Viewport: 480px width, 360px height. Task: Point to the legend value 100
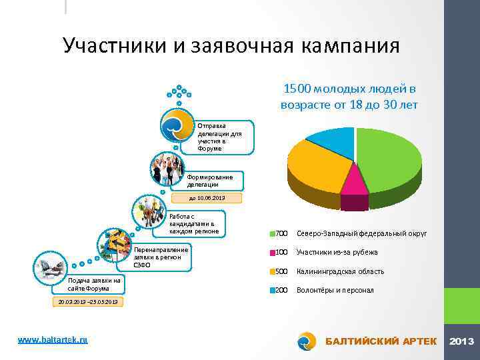tap(281, 253)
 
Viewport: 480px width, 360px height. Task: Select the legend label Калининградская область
tap(340, 271)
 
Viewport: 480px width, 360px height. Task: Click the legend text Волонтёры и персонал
tap(335, 291)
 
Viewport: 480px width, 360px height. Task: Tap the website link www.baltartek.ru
tap(53, 340)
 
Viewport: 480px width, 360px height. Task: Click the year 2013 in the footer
tap(462, 341)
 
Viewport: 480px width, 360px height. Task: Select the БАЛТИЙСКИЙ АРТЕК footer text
tap(381, 341)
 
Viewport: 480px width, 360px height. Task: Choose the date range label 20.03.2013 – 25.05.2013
tap(87, 302)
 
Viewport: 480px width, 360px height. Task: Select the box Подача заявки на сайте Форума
tap(94, 285)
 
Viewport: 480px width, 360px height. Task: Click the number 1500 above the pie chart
tap(297, 89)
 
